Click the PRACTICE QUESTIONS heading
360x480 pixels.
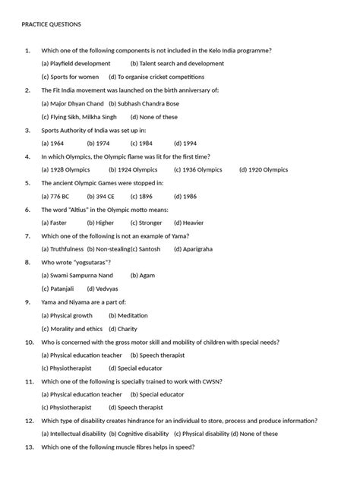51,24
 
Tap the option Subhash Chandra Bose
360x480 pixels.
144,103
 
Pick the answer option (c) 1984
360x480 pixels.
139,143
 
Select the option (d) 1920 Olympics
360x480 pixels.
268,169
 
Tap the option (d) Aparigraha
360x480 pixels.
193,249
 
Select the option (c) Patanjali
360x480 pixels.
58,289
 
